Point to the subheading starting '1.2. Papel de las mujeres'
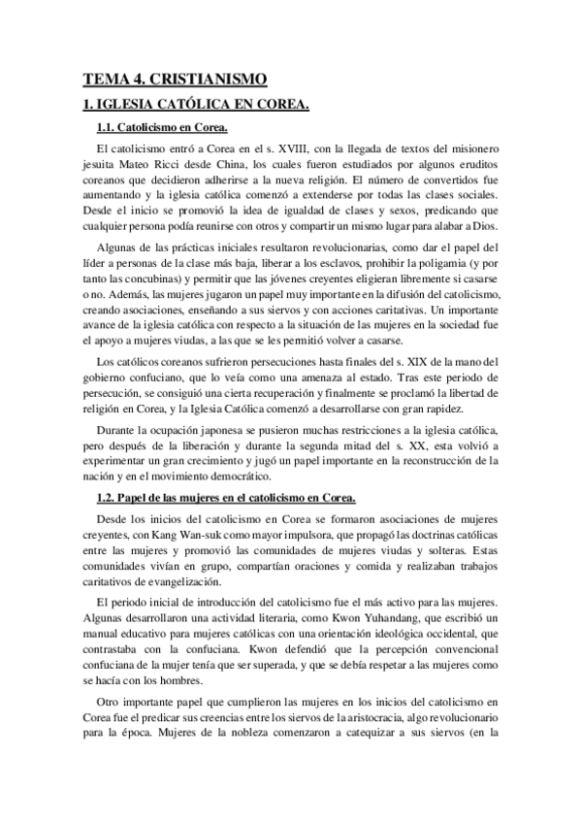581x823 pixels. click(x=226, y=498)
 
